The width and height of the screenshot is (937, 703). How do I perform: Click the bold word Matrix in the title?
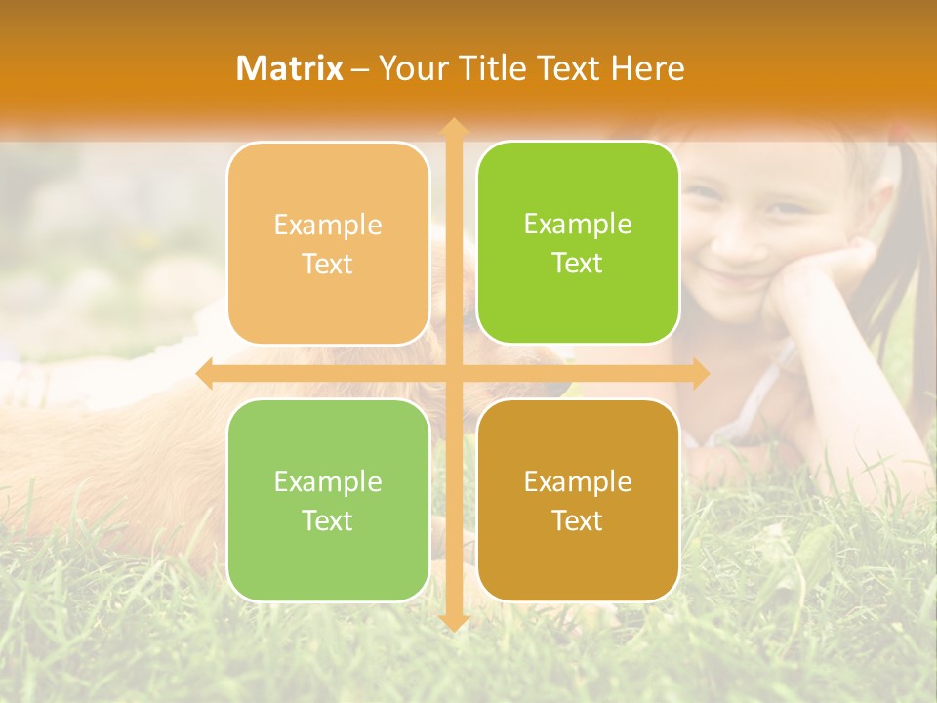[290, 68]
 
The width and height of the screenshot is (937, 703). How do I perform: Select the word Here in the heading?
[648, 68]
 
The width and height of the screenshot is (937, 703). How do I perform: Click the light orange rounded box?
[328, 244]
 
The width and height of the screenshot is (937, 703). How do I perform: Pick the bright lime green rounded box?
[578, 243]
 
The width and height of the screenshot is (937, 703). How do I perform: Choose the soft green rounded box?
[328, 500]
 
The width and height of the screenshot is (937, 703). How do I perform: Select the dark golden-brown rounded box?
[578, 500]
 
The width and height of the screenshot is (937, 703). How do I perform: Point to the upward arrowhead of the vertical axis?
[453, 126]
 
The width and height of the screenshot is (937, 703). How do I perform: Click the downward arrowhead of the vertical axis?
[453, 623]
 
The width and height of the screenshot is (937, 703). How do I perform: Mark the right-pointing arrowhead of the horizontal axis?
[701, 374]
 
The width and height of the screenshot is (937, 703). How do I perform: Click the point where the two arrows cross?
[453, 374]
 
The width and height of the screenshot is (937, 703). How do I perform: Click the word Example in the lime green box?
[578, 225]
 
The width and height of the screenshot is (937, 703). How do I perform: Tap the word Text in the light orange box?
[328, 265]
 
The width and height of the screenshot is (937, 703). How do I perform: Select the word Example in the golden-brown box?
[578, 481]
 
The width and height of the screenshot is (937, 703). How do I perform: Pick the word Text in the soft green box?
[328, 521]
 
